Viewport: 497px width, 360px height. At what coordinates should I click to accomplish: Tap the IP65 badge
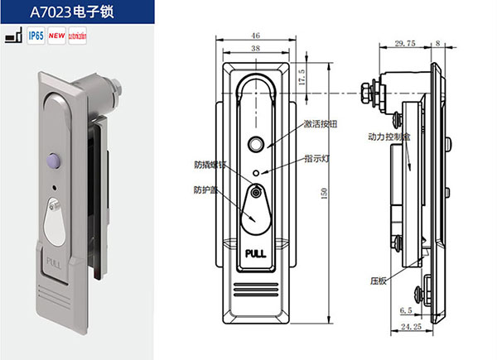click(x=36, y=36)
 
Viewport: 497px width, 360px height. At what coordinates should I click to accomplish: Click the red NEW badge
click(x=57, y=36)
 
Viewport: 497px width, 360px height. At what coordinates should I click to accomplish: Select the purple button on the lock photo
click(x=56, y=159)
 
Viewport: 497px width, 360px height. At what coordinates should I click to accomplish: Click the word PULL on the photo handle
click(x=55, y=266)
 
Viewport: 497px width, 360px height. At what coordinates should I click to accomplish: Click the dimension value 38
click(x=255, y=50)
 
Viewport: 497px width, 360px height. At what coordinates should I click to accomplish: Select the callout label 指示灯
click(x=316, y=156)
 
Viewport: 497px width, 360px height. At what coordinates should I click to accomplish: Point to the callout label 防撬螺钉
click(x=209, y=163)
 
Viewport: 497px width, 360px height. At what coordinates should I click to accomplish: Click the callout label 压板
click(x=378, y=280)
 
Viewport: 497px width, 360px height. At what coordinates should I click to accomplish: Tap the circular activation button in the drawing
click(x=257, y=143)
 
